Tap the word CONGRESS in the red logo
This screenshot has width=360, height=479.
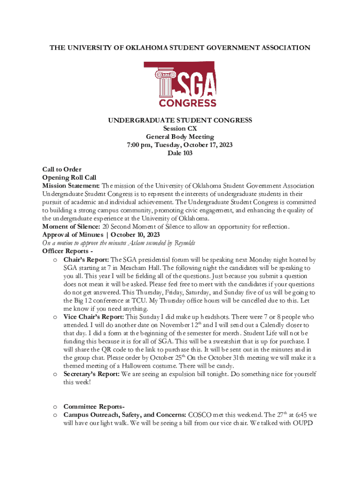click(x=187, y=102)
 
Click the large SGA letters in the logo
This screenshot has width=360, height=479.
click(x=196, y=85)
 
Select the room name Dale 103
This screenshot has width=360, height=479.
click(x=180, y=153)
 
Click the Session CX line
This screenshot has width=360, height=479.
click(x=180, y=129)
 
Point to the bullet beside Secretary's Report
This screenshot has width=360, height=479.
click(x=55, y=375)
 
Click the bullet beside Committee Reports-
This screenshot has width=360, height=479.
click(x=55, y=407)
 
